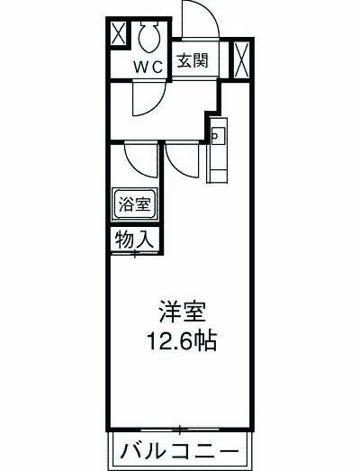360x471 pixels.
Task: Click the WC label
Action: coord(148,68)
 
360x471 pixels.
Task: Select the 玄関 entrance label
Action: coord(193,62)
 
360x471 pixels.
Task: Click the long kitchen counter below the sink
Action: coord(219,162)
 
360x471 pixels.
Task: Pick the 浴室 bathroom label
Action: coord(136,204)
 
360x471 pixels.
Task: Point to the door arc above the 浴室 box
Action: coord(140,159)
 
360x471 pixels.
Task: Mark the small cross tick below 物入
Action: coord(135,255)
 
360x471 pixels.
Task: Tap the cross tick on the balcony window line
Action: coord(180,427)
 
